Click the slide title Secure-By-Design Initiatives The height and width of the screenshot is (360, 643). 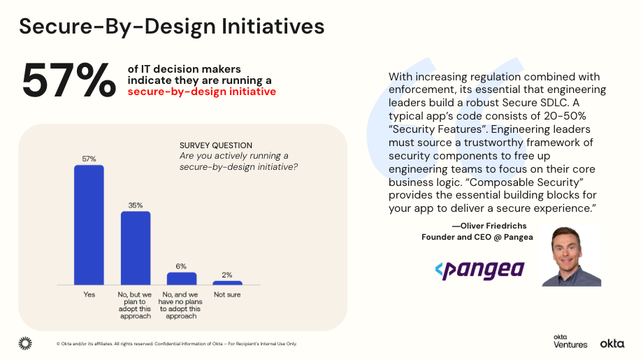171,26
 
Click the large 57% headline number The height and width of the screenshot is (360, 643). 68,80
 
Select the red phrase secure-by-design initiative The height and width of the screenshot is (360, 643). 201,92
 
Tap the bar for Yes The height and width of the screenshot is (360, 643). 89,224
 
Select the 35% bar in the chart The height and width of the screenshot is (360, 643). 136,247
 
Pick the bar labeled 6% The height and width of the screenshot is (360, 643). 181,278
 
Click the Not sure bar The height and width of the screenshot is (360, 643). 227,282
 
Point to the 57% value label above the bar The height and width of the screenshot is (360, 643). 89,159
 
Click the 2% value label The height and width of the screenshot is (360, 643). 227,275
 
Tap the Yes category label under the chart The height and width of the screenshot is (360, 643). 89,294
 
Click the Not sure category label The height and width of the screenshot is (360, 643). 227,294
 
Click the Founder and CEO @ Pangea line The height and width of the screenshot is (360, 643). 477,237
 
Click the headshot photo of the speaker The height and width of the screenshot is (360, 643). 571,256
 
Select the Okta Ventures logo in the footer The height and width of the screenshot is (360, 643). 570,340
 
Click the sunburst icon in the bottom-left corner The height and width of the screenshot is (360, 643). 25,343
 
